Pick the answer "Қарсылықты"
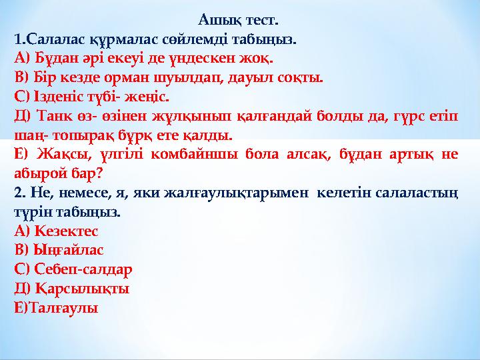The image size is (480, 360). point(79,290)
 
